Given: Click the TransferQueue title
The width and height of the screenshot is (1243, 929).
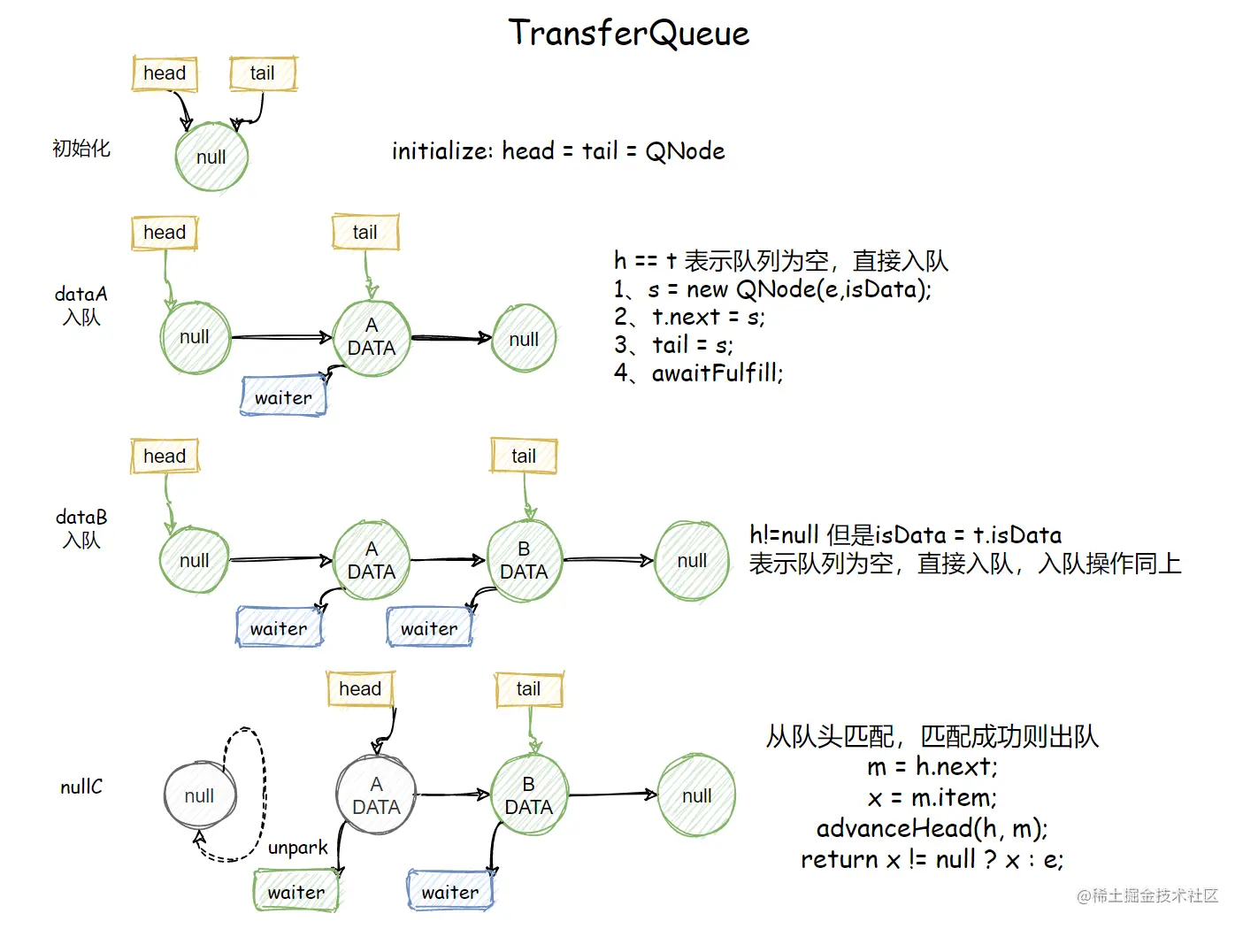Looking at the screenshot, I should click(x=629, y=34).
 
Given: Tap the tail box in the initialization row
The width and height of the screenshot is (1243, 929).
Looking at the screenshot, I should click(x=263, y=73).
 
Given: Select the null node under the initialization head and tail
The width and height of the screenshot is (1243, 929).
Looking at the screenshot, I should click(x=211, y=157).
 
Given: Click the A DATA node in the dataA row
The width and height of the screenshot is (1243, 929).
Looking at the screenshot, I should click(x=372, y=338).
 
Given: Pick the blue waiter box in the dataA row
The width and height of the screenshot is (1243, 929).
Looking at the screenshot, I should click(x=284, y=397).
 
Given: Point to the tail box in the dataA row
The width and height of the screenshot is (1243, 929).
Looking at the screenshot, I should click(x=365, y=233).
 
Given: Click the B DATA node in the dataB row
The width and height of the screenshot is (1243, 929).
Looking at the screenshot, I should click(x=525, y=561).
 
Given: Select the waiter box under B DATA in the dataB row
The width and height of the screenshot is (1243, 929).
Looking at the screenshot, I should click(x=429, y=628).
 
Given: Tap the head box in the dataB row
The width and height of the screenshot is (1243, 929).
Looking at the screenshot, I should click(x=165, y=457).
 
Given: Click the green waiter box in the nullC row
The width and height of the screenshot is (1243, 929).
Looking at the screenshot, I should click(x=296, y=892).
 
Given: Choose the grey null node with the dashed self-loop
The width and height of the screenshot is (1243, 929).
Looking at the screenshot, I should click(x=199, y=795).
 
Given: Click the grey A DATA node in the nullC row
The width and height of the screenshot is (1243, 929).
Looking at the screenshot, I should click(x=376, y=795).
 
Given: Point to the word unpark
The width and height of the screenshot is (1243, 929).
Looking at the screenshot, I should click(x=298, y=848).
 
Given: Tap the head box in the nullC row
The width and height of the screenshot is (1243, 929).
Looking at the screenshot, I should click(x=360, y=689).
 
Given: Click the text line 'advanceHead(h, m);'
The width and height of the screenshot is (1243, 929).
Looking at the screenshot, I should click(x=932, y=828).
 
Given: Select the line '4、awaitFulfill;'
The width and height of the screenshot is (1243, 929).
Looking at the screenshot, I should click(x=699, y=373).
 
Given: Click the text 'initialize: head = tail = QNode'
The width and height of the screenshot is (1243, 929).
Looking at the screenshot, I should click(x=558, y=151).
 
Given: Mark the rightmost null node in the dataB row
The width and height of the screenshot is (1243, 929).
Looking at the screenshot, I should click(x=692, y=561).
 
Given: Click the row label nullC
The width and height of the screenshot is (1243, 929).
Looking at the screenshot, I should click(x=81, y=787).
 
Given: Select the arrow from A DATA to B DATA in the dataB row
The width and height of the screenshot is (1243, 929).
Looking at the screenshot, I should click(x=448, y=559).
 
